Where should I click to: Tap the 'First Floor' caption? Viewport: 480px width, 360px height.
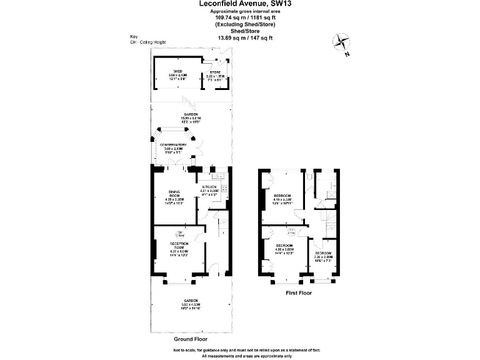coord(299,291)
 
